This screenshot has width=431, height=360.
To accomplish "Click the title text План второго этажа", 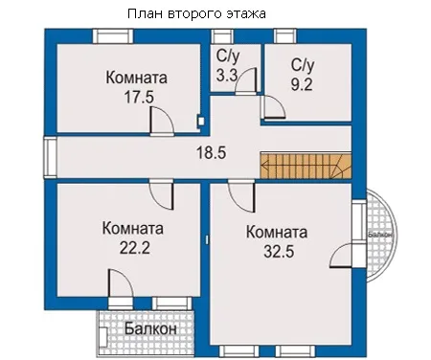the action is (x=196, y=14).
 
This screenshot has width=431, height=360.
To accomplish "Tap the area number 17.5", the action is (x=139, y=97).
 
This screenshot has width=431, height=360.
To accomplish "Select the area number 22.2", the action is (x=135, y=247).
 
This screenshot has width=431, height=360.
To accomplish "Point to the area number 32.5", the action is (x=279, y=251).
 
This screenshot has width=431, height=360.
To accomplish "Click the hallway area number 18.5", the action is (x=211, y=152).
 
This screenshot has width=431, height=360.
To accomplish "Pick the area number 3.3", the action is (x=227, y=76).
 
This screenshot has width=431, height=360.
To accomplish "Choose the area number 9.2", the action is (x=302, y=84).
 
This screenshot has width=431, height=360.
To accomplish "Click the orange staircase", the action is (x=306, y=166).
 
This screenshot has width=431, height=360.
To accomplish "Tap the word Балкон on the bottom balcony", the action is (x=150, y=328).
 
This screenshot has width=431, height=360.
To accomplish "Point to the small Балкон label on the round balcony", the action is (x=380, y=235).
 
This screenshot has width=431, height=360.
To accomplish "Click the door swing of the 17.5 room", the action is (x=162, y=121).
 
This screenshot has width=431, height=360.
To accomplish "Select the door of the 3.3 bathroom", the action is (x=246, y=80).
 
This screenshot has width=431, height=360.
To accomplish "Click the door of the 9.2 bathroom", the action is (x=273, y=107).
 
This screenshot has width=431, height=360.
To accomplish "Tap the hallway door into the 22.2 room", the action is (x=162, y=195).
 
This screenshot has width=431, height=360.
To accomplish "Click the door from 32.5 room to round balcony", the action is (x=342, y=255).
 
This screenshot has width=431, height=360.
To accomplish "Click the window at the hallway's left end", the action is (x=50, y=157).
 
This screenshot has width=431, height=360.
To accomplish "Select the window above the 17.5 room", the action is (x=113, y=36).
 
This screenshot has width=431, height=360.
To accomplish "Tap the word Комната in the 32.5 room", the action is (x=277, y=232).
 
